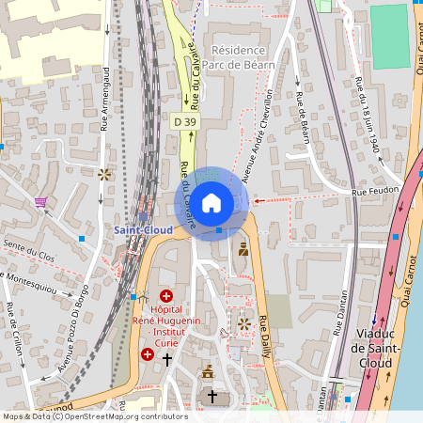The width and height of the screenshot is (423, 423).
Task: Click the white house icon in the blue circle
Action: coord(211,203)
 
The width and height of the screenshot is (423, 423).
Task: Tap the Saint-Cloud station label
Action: coord(142,229)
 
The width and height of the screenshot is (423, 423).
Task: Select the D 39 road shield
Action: coord(185,121)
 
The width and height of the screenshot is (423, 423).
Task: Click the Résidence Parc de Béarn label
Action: coord(243,56)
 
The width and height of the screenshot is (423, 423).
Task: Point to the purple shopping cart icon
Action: coord(40,201)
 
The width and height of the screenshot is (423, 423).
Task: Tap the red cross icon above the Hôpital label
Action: coord(167,296)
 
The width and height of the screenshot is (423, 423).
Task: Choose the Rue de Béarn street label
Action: coord(303,119)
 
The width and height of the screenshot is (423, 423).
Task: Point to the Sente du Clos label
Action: coord(31,251)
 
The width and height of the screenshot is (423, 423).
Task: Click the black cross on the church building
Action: coord(212,397)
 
